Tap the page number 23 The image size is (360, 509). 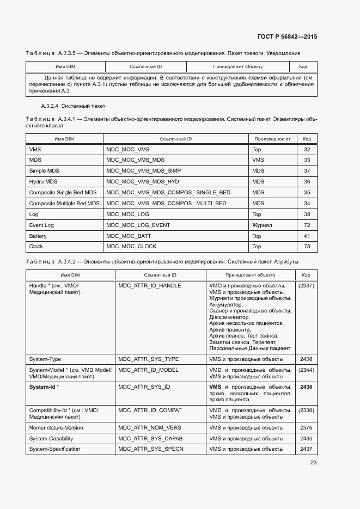[313, 463]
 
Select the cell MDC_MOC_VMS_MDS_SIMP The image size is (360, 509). [143, 171]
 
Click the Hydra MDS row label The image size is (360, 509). [43, 182]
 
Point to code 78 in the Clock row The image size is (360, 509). [307, 247]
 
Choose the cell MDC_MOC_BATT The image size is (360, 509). [129, 236]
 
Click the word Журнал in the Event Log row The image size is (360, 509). [262, 225]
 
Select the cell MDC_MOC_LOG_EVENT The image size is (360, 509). [138, 225]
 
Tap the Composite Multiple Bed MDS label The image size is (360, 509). [64, 204]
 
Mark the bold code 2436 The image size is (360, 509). [306, 387]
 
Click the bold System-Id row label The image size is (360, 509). [44, 387]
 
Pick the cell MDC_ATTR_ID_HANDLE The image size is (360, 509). [150, 285]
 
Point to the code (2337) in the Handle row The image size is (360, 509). [306, 285]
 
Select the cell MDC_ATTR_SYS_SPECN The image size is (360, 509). [151, 449]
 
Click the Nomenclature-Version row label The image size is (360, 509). [56, 428]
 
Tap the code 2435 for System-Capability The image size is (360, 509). [306, 438]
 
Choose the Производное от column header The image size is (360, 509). [272, 139]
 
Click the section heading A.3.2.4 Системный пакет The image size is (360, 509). [73, 106]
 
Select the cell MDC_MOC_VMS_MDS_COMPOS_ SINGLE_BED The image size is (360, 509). [168, 193]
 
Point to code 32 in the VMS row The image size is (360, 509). [307, 149]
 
